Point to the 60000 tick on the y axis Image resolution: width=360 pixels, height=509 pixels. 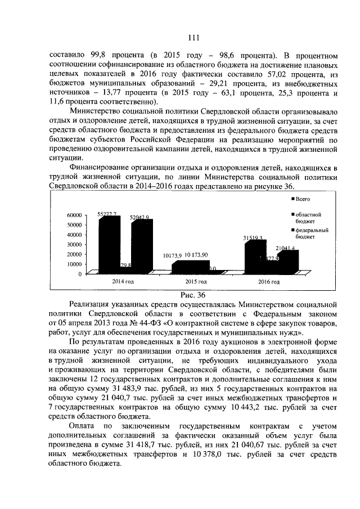(75, 215)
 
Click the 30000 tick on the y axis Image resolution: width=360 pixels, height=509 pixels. (75, 245)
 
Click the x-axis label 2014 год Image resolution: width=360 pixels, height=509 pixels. (123, 281)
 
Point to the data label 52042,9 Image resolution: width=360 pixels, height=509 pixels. (139, 217)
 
